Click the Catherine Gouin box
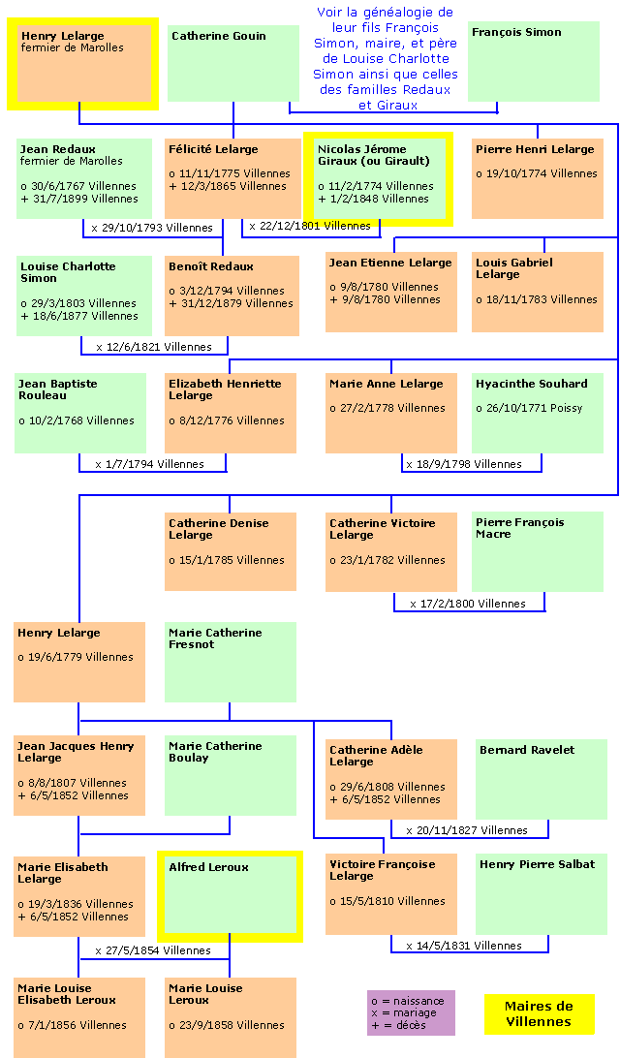(x=233, y=63)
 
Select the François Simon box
(x=533, y=61)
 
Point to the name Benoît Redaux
(x=211, y=266)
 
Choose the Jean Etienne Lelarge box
(x=390, y=292)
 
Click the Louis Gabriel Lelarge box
(x=538, y=292)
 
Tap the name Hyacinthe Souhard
(x=532, y=384)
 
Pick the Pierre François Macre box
(x=538, y=551)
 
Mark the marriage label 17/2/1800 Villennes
(x=473, y=604)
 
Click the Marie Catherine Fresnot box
(x=231, y=662)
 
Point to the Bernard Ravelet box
(x=542, y=779)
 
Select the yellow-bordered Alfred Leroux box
(x=231, y=896)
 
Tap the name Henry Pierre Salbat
(x=537, y=864)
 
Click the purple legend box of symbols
(x=411, y=1012)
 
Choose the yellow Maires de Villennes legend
(x=539, y=1013)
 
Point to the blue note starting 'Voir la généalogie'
(x=386, y=58)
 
